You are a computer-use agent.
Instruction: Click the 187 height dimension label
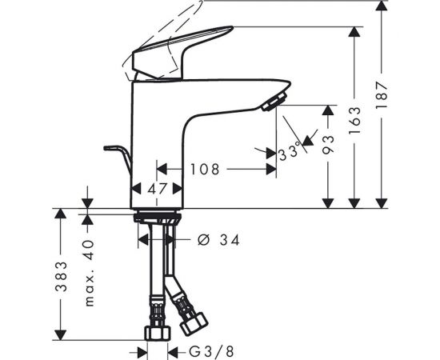(x=382, y=95)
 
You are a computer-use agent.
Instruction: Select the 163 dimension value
(x=354, y=120)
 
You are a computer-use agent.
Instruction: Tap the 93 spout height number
(x=328, y=145)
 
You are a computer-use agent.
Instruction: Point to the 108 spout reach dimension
(x=205, y=169)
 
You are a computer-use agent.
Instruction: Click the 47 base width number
(x=157, y=189)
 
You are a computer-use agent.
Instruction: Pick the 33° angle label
(x=289, y=153)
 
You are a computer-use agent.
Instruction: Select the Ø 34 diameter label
(x=218, y=240)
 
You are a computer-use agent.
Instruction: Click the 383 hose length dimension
(x=61, y=277)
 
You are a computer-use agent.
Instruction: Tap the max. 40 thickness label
(x=89, y=273)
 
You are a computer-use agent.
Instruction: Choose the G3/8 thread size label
(x=211, y=351)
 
